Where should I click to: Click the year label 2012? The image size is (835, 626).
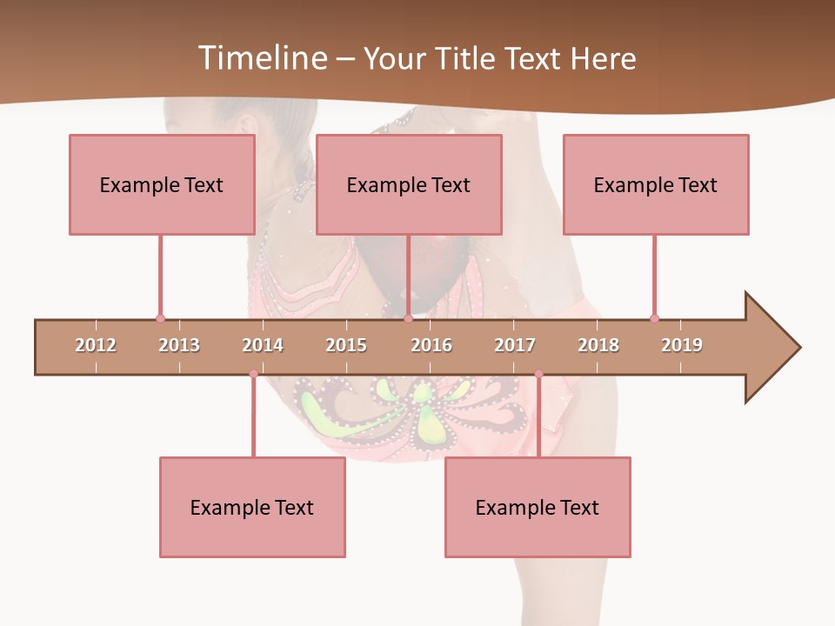96,345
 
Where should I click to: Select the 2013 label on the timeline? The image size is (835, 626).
179,345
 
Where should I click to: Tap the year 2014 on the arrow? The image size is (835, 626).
263,345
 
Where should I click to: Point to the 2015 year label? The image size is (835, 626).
346,345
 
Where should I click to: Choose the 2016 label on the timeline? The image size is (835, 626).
431,345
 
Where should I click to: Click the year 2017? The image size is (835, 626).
515,345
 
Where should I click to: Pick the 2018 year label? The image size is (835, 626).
598,345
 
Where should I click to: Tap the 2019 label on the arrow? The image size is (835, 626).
682,345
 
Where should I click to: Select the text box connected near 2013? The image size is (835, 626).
162,184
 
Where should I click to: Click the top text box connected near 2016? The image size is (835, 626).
409,184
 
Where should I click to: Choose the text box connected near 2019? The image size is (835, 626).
656,184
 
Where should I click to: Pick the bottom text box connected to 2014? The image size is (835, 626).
252,507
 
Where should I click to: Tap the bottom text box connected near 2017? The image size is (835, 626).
538,507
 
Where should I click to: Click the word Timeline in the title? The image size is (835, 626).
261,58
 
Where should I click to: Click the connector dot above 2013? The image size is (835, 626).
160,318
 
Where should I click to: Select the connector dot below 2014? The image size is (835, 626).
253,374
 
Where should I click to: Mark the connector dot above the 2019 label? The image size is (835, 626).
654,318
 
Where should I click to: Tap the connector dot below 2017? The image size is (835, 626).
538,374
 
